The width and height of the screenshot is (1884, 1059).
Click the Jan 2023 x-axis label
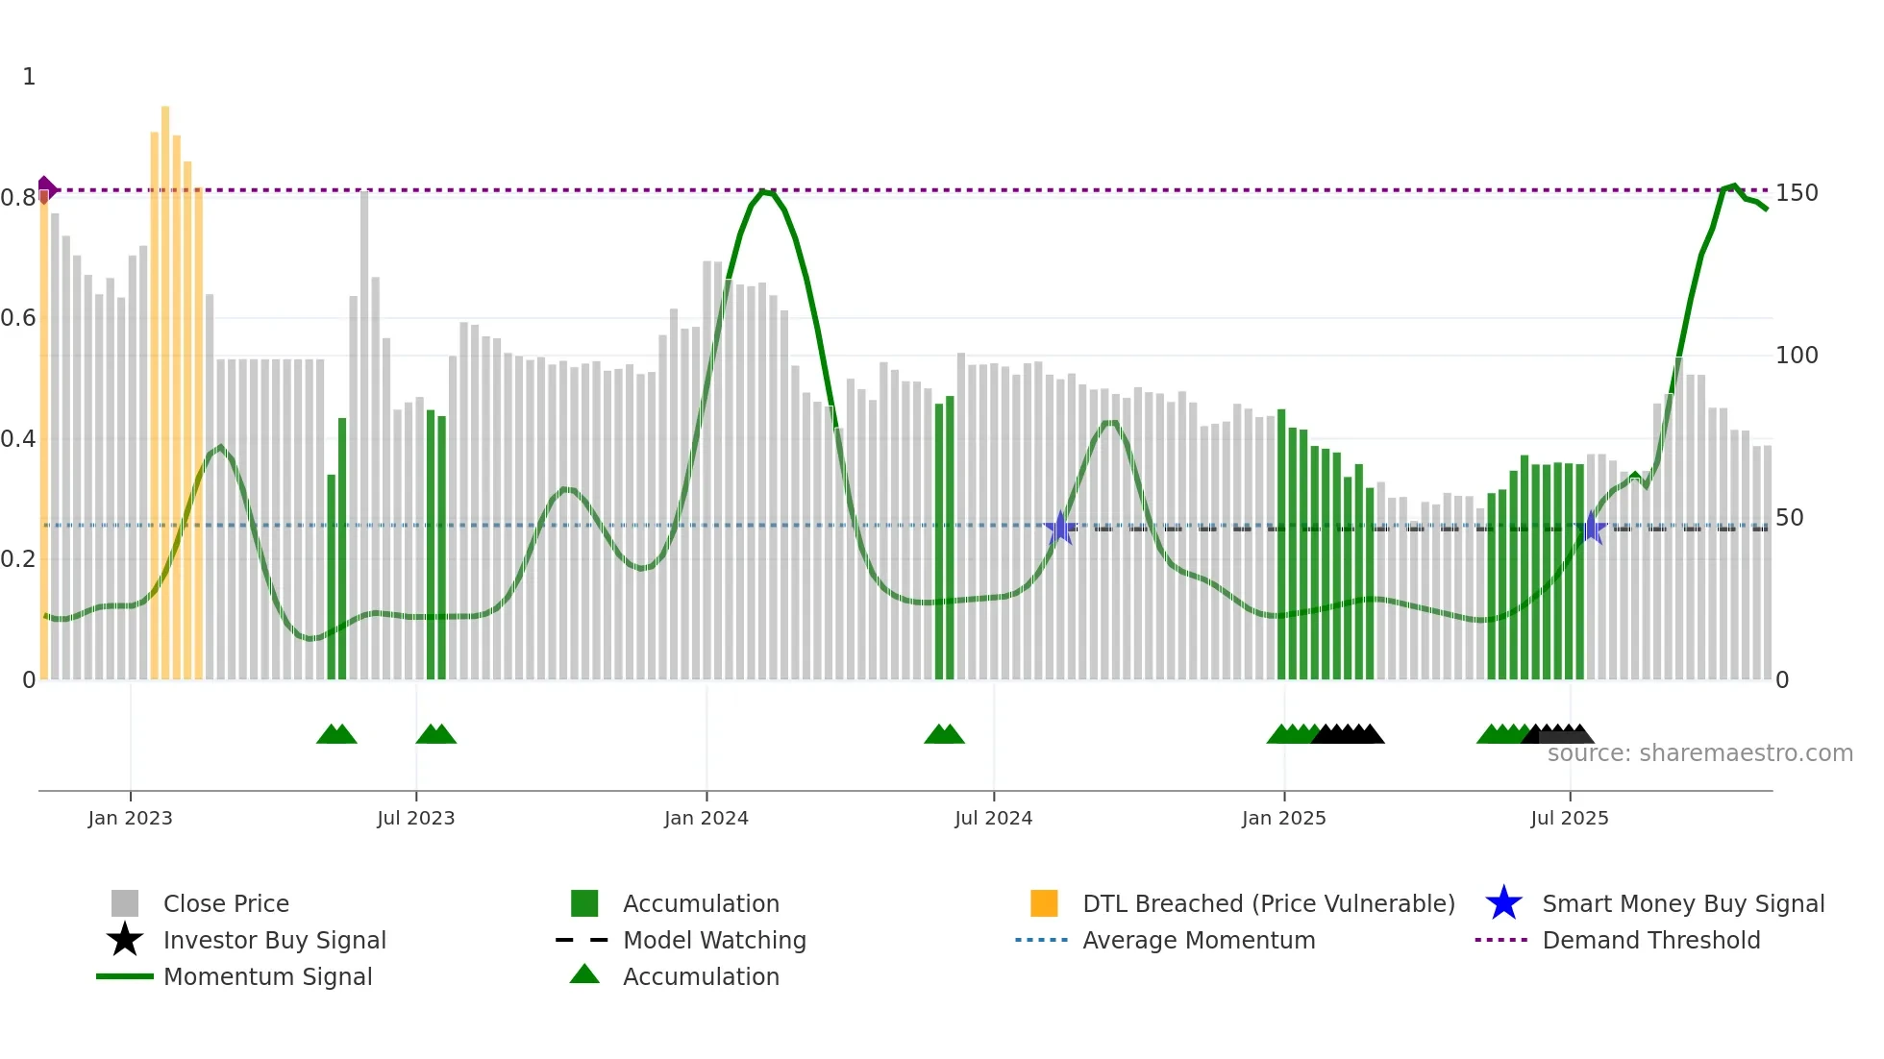click(130, 818)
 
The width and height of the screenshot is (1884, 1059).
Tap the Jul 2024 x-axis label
click(993, 818)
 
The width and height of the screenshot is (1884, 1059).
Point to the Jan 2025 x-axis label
click(1283, 818)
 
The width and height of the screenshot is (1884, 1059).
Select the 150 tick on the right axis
click(1797, 193)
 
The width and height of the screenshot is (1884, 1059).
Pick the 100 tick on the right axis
click(1797, 356)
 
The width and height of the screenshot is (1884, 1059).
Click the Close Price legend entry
click(226, 903)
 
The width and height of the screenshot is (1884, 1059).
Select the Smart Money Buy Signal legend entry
click(1682, 903)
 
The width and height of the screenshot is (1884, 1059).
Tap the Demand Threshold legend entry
click(1650, 940)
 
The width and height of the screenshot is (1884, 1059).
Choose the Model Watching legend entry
click(714, 940)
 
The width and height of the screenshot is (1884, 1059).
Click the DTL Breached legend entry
click(1268, 903)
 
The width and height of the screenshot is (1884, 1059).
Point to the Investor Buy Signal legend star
click(125, 940)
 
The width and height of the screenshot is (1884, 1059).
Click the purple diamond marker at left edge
click(45, 189)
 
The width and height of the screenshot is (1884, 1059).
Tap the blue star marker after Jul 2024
click(1060, 528)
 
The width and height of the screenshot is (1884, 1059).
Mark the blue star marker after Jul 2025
click(1593, 528)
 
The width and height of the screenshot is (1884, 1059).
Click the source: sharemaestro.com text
click(1699, 753)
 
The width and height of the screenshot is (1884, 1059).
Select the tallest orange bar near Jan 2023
click(165, 384)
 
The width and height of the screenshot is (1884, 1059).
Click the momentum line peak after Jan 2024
click(764, 192)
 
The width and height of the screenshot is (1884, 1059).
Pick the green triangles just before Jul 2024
click(944, 734)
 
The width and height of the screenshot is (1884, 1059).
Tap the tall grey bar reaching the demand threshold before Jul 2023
click(364, 432)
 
